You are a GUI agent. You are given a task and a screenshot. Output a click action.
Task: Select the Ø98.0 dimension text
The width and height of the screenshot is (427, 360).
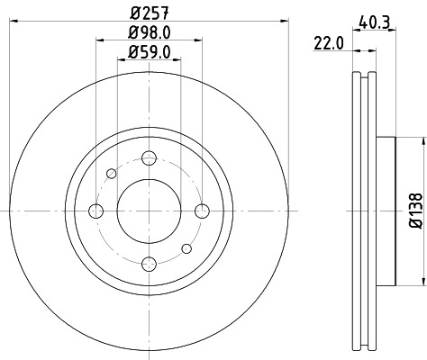tap(149, 33)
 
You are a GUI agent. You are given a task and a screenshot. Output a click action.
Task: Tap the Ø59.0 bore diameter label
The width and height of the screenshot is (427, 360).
tap(149, 52)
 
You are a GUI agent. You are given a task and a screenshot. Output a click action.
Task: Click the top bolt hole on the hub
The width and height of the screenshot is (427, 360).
tap(149, 158)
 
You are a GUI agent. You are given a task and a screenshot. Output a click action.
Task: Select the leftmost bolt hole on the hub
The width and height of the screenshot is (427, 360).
tap(95, 211)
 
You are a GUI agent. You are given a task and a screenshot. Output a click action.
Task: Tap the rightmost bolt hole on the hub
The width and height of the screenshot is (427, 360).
tap(201, 211)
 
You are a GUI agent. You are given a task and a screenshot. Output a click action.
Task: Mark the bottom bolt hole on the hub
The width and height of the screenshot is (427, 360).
tap(149, 263)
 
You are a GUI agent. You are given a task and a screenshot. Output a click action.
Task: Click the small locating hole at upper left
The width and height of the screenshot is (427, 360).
tap(112, 173)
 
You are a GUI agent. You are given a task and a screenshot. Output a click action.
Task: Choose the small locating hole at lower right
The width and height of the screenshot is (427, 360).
tap(186, 247)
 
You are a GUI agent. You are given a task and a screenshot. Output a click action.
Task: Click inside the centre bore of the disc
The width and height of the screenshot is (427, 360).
tap(149, 211)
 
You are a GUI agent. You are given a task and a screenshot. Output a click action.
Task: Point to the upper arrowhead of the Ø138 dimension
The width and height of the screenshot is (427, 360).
tap(421, 139)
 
